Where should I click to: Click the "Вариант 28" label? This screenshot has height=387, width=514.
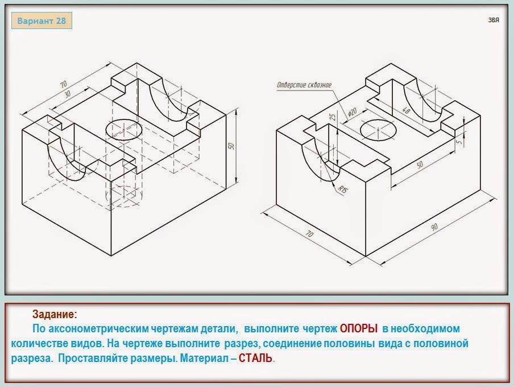pos(42,20)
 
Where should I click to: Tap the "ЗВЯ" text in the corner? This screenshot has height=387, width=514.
pos(494,20)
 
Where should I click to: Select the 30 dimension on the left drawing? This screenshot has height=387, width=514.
pos(67,94)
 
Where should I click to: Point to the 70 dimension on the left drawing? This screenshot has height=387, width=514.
pos(63,84)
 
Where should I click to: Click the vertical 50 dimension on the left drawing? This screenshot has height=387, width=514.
pos(231,146)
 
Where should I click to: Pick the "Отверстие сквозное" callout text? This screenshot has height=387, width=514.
pos(304,85)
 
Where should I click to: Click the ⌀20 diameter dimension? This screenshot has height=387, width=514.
pos(352,112)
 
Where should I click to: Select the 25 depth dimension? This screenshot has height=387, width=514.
pos(333,117)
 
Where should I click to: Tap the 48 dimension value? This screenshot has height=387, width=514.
pos(406,110)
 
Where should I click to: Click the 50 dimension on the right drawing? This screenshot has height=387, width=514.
pos(420,164)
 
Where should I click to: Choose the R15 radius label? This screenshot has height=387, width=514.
pos(342,190)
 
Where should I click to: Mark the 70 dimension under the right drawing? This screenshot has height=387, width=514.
pos(309,234)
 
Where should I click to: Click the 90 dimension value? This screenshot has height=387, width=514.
pos(434,227)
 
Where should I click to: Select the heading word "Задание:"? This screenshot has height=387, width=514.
pos(55,315)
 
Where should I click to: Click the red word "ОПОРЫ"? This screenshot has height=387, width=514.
pos(359,328)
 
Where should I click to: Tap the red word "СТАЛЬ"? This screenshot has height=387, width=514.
pos(255,358)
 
